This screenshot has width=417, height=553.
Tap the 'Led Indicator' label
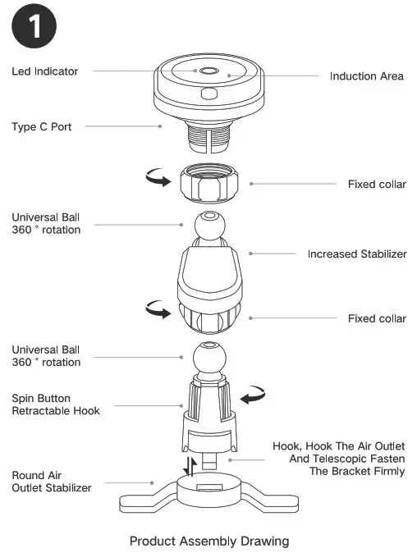click(45, 71)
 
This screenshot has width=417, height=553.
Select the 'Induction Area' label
click(366, 76)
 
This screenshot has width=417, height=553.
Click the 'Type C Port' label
click(41, 127)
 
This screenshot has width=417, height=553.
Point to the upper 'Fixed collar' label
click(376, 184)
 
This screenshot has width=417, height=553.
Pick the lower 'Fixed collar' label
click(376, 318)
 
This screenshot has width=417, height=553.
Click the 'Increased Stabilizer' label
click(356, 254)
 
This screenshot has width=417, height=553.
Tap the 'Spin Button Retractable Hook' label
click(56, 404)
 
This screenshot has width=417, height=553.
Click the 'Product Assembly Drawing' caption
click(208, 541)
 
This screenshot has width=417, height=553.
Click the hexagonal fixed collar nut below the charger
click(208, 185)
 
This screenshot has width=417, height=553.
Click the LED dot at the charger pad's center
click(208, 71)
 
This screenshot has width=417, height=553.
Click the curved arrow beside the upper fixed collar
click(155, 179)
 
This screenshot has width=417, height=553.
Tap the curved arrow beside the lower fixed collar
click(156, 309)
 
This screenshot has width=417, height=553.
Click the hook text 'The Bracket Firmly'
click(358, 472)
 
